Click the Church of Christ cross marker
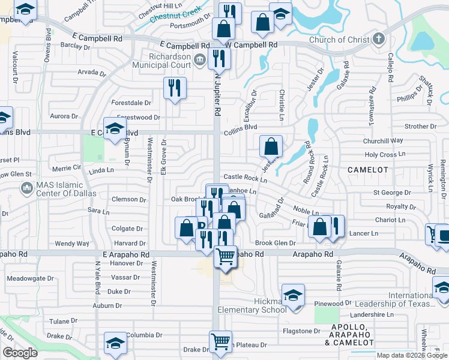(x=378, y=40)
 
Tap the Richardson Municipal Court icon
(x=200, y=59)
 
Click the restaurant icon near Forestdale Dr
(x=175, y=88)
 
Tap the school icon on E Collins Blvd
(x=114, y=128)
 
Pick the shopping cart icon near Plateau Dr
(x=221, y=341)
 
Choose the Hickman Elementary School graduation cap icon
(x=293, y=296)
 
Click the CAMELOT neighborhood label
(x=367, y=170)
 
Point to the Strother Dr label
(x=420, y=127)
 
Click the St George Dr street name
(x=392, y=193)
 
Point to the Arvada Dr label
(x=91, y=73)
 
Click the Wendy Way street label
(x=72, y=244)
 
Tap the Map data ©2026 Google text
(x=411, y=355)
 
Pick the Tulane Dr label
(x=60, y=322)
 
